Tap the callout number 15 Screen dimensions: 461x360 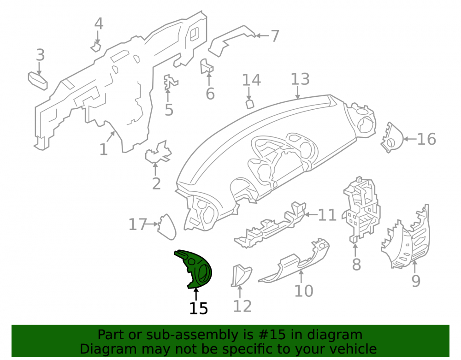coord(198,308)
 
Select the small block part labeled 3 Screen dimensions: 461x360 coord(38,81)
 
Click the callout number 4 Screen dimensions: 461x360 coord(99,24)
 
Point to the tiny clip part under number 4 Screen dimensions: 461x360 coord(96,47)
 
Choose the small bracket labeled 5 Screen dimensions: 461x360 coord(170,83)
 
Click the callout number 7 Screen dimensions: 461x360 coord(275,36)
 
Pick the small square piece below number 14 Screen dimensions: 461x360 coord(250,104)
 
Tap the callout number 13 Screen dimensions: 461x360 coord(300,79)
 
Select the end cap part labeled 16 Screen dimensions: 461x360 coord(392,137)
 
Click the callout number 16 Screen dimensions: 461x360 coord(426,139)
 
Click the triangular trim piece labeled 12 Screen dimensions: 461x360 coord(241,275)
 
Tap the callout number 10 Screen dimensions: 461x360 coord(304,291)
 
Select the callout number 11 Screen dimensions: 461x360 coord(327,215)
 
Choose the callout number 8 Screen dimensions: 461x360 coord(356,265)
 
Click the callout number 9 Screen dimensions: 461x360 coord(416,281)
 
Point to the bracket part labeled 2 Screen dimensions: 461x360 coord(158,152)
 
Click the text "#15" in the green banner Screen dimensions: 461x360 coord(271,335)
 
